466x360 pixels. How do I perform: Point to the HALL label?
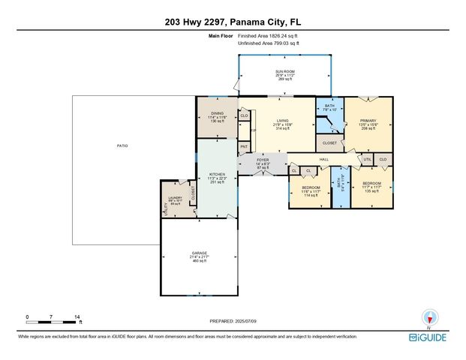point(323,160)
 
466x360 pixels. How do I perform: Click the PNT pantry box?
point(244,146)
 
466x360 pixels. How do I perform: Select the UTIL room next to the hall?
point(368,160)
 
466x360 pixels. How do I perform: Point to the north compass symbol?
point(429,318)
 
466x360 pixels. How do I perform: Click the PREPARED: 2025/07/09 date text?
point(233,321)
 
